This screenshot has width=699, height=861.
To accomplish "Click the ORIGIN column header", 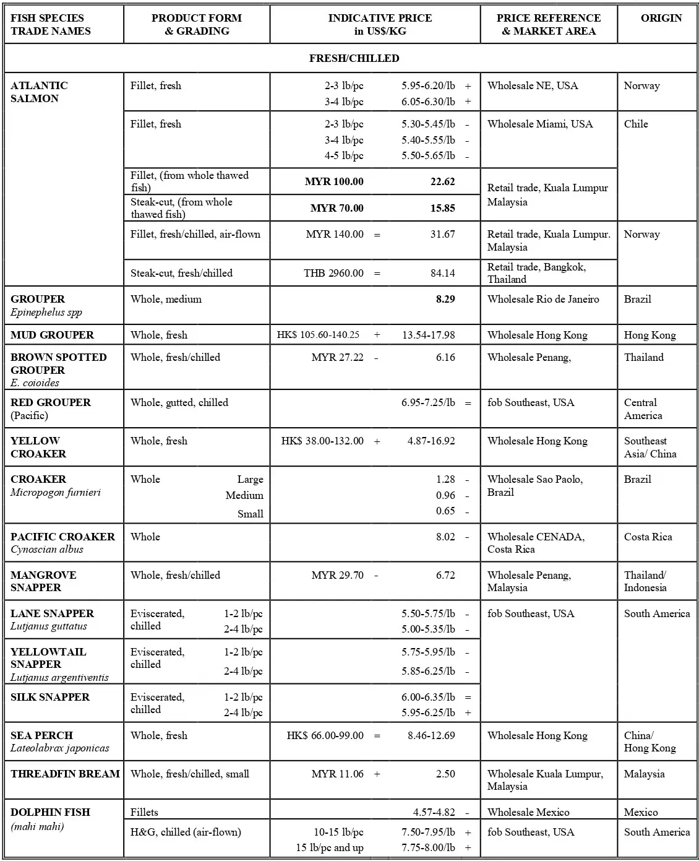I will pyautogui.click(x=661, y=18).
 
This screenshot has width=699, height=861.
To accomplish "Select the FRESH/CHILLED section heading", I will pyautogui.click(x=354, y=58).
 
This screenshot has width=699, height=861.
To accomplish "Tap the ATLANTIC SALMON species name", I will pyautogui.click(x=39, y=92).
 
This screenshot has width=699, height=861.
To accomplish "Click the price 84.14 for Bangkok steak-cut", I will pyautogui.click(x=442, y=273).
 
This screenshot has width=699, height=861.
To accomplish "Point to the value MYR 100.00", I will pyautogui.click(x=334, y=181).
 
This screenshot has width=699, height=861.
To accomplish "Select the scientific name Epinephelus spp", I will pyautogui.click(x=46, y=312).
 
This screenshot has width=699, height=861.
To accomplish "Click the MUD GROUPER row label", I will pyautogui.click(x=52, y=335).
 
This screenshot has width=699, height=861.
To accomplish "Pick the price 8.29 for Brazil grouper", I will pyautogui.click(x=445, y=299).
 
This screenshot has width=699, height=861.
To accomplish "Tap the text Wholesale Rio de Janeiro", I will pyautogui.click(x=542, y=299).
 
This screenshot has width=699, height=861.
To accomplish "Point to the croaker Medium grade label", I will pyautogui.click(x=244, y=495).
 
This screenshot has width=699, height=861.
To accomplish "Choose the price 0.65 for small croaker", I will pyautogui.click(x=445, y=511).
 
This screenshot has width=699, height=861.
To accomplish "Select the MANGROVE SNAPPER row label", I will pyautogui.click(x=43, y=581).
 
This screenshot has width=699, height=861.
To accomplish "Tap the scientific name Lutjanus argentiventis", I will pyautogui.click(x=59, y=677).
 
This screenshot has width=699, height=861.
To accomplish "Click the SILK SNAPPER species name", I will pyautogui.click(x=50, y=697).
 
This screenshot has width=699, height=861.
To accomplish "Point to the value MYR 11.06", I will pyautogui.click(x=337, y=774).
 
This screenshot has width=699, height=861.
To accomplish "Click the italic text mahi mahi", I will pyautogui.click(x=37, y=826).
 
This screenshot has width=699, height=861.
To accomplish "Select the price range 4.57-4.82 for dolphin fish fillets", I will pyautogui.click(x=434, y=812).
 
